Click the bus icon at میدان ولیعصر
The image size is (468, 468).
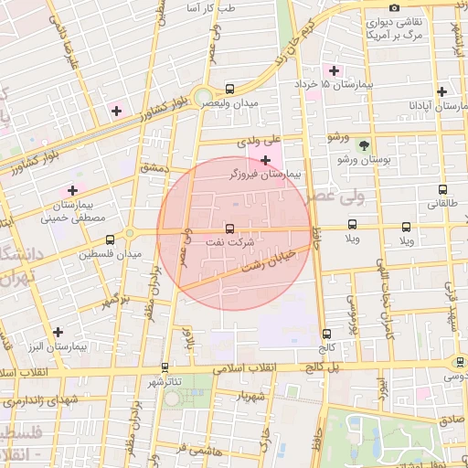(x=229, y=90)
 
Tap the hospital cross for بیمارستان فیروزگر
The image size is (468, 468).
(x=265, y=160)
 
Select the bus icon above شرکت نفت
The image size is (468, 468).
(x=229, y=229)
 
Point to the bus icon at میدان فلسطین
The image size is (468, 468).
(x=110, y=239)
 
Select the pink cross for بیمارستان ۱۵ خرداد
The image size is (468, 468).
(x=335, y=70)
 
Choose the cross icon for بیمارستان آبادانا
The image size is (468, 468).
(x=442, y=91)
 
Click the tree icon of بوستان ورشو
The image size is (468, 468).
(x=364, y=144)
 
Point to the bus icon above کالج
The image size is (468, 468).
(x=326, y=334)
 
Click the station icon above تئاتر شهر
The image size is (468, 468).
(x=165, y=367)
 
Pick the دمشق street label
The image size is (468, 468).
(x=152, y=170)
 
